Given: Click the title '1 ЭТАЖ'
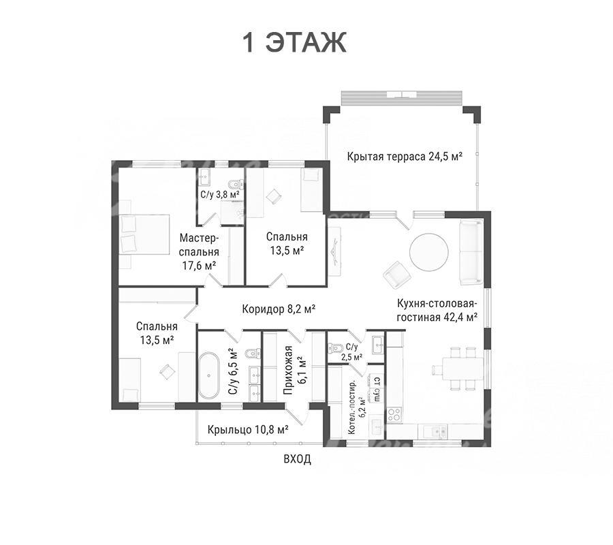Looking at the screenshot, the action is click(x=294, y=42).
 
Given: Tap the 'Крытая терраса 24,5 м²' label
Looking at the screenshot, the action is click(x=405, y=157).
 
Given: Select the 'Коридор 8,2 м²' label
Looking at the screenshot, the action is click(x=279, y=309).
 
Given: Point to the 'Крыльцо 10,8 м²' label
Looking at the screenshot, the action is click(x=248, y=430).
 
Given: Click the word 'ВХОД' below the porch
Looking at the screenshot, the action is click(x=297, y=458).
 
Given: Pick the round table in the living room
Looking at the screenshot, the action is click(x=429, y=252).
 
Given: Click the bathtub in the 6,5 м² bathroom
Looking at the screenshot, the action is click(x=209, y=375).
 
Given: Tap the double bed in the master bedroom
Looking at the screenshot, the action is click(x=144, y=234).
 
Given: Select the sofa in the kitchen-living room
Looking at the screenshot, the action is click(x=471, y=253).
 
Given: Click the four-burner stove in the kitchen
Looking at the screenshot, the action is click(x=394, y=414).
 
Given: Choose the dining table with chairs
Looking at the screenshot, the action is click(x=459, y=369).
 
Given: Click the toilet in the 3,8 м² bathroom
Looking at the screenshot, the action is click(x=237, y=184).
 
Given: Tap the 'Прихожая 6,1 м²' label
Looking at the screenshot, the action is click(x=294, y=370).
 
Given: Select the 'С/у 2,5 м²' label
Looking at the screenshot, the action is click(x=351, y=352).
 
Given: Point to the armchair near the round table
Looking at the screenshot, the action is click(x=398, y=275).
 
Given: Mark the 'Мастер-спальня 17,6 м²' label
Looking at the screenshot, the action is click(x=199, y=252).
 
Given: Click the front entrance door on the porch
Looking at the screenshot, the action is click(x=296, y=416).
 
